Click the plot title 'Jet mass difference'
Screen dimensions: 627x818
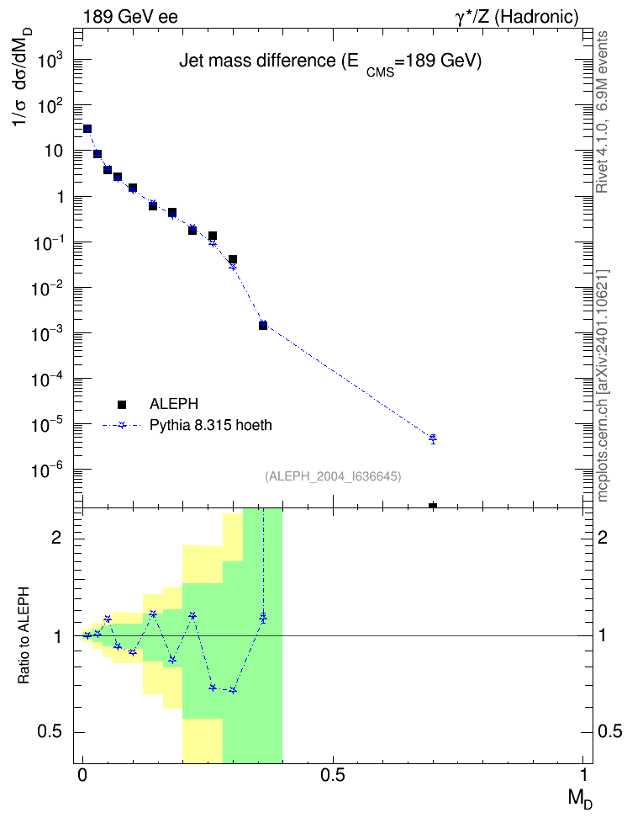click(x=257, y=61)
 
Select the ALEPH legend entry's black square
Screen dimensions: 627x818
click(x=122, y=404)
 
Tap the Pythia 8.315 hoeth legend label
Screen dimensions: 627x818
click(x=211, y=425)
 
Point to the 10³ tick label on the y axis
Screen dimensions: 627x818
click(x=50, y=61)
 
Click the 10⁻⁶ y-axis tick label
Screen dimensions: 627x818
click(x=47, y=470)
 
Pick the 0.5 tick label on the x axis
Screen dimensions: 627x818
click(x=333, y=775)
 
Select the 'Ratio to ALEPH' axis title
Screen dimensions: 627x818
click(x=24, y=636)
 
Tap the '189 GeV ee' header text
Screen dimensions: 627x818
click(x=130, y=17)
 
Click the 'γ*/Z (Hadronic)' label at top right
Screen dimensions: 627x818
click(x=517, y=17)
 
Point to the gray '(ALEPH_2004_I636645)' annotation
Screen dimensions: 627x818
click(x=333, y=476)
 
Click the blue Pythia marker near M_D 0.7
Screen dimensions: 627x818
click(x=433, y=438)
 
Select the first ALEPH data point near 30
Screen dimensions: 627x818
click(x=87, y=129)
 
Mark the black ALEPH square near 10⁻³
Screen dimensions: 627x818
click(x=263, y=326)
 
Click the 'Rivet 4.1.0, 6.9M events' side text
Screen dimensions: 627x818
click(x=602, y=112)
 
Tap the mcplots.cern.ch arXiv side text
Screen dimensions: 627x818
click(x=603, y=386)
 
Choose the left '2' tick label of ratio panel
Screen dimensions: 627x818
click(x=57, y=537)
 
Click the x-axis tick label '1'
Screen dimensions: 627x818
click(x=583, y=775)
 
